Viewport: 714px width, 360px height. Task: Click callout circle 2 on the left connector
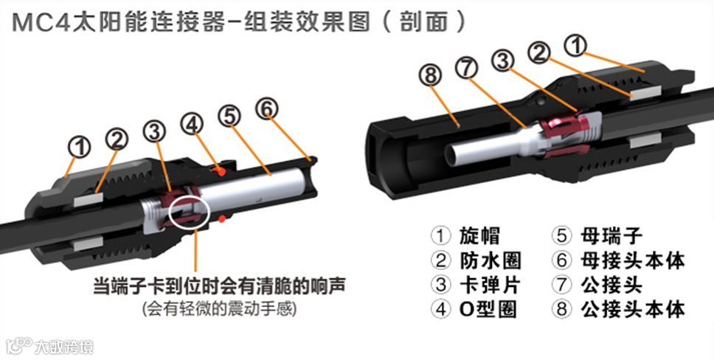116,138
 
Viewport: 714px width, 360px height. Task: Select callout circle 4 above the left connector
193,123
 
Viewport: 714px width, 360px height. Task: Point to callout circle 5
230,115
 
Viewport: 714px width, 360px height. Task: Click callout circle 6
268,108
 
